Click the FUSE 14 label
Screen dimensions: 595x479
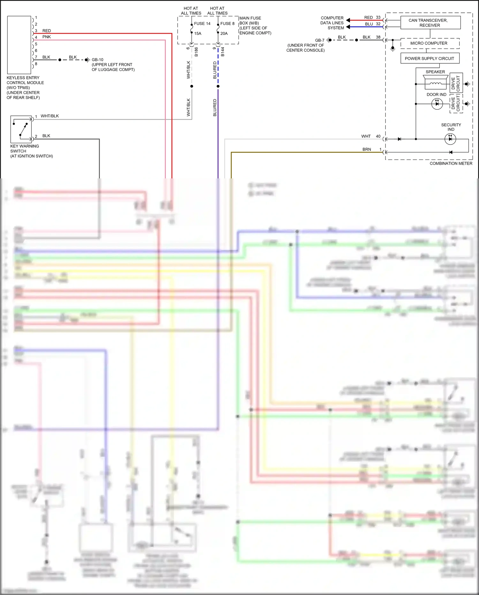click(x=202, y=24)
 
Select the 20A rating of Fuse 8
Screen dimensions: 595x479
click(x=224, y=34)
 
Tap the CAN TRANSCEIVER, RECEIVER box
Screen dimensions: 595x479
click(x=430, y=23)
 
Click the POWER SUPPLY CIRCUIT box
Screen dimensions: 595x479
click(x=430, y=59)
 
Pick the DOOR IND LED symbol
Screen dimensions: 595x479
click(x=437, y=104)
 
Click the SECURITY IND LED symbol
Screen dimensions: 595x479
click(x=450, y=139)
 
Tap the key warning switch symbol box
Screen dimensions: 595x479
click(x=21, y=129)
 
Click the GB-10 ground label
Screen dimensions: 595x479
click(x=97, y=60)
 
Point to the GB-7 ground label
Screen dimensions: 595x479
click(x=319, y=40)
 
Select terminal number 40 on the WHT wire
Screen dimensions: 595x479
click(x=378, y=136)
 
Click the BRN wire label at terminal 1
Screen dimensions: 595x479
click(x=367, y=149)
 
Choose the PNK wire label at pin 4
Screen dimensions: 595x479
click(x=47, y=37)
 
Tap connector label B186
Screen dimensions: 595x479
click(x=196, y=52)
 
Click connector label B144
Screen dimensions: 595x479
click(x=223, y=52)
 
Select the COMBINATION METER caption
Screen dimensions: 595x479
click(x=451, y=163)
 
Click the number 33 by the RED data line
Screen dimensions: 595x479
click(x=378, y=17)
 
